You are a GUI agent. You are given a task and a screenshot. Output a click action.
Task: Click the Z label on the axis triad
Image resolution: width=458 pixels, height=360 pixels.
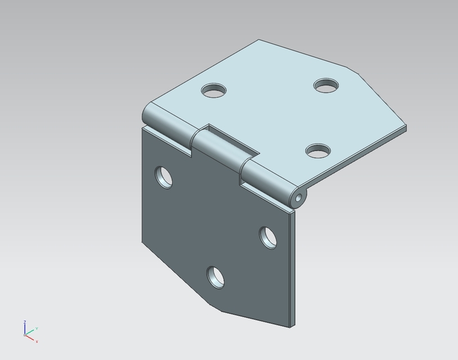click(25, 322)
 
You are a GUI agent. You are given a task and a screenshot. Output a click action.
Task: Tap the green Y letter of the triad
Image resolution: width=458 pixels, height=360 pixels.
click(37, 328)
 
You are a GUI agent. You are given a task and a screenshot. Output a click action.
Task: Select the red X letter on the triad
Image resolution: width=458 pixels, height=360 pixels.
click(37, 341)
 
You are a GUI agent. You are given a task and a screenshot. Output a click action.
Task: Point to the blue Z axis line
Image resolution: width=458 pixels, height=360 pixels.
click(25, 330)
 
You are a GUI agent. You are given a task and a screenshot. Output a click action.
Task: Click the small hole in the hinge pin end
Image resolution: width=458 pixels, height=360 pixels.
click(298, 197)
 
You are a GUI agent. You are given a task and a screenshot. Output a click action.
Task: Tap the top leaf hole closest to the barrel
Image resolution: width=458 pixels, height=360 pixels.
click(214, 90)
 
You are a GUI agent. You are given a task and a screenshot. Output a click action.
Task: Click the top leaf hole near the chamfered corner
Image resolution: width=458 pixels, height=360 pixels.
click(326, 86)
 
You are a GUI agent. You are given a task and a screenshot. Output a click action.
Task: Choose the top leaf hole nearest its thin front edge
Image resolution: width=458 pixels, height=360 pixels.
click(318, 151)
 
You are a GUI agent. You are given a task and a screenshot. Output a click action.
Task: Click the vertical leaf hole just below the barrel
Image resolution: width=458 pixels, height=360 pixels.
click(164, 177)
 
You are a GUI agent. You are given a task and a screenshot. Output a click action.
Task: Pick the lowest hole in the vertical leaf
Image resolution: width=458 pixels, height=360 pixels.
click(215, 277)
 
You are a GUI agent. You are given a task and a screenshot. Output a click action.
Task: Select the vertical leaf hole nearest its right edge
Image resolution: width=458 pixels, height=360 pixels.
click(268, 237)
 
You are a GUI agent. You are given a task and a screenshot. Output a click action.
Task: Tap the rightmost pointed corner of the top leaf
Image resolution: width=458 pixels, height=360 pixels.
click(406, 128)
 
